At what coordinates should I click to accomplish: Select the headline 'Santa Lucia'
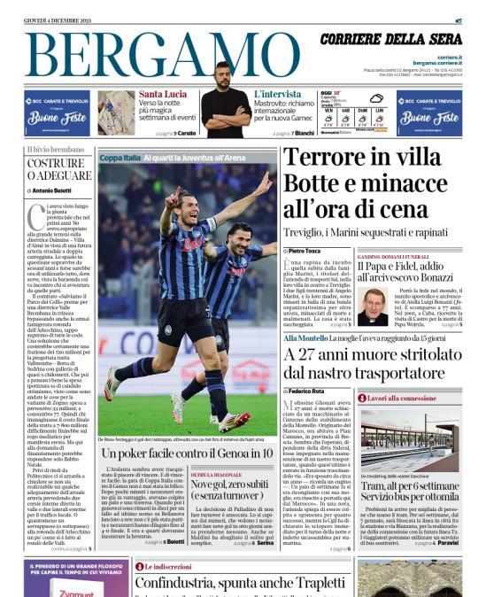click(x=163, y=94)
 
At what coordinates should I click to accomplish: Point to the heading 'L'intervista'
click(x=277, y=94)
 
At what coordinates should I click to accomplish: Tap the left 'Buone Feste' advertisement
click(x=57, y=112)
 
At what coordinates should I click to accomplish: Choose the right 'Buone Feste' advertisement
click(x=428, y=112)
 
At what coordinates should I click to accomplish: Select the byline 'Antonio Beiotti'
click(x=52, y=190)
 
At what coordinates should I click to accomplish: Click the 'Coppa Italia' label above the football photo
click(x=120, y=158)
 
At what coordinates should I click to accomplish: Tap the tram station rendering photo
click(x=410, y=438)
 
